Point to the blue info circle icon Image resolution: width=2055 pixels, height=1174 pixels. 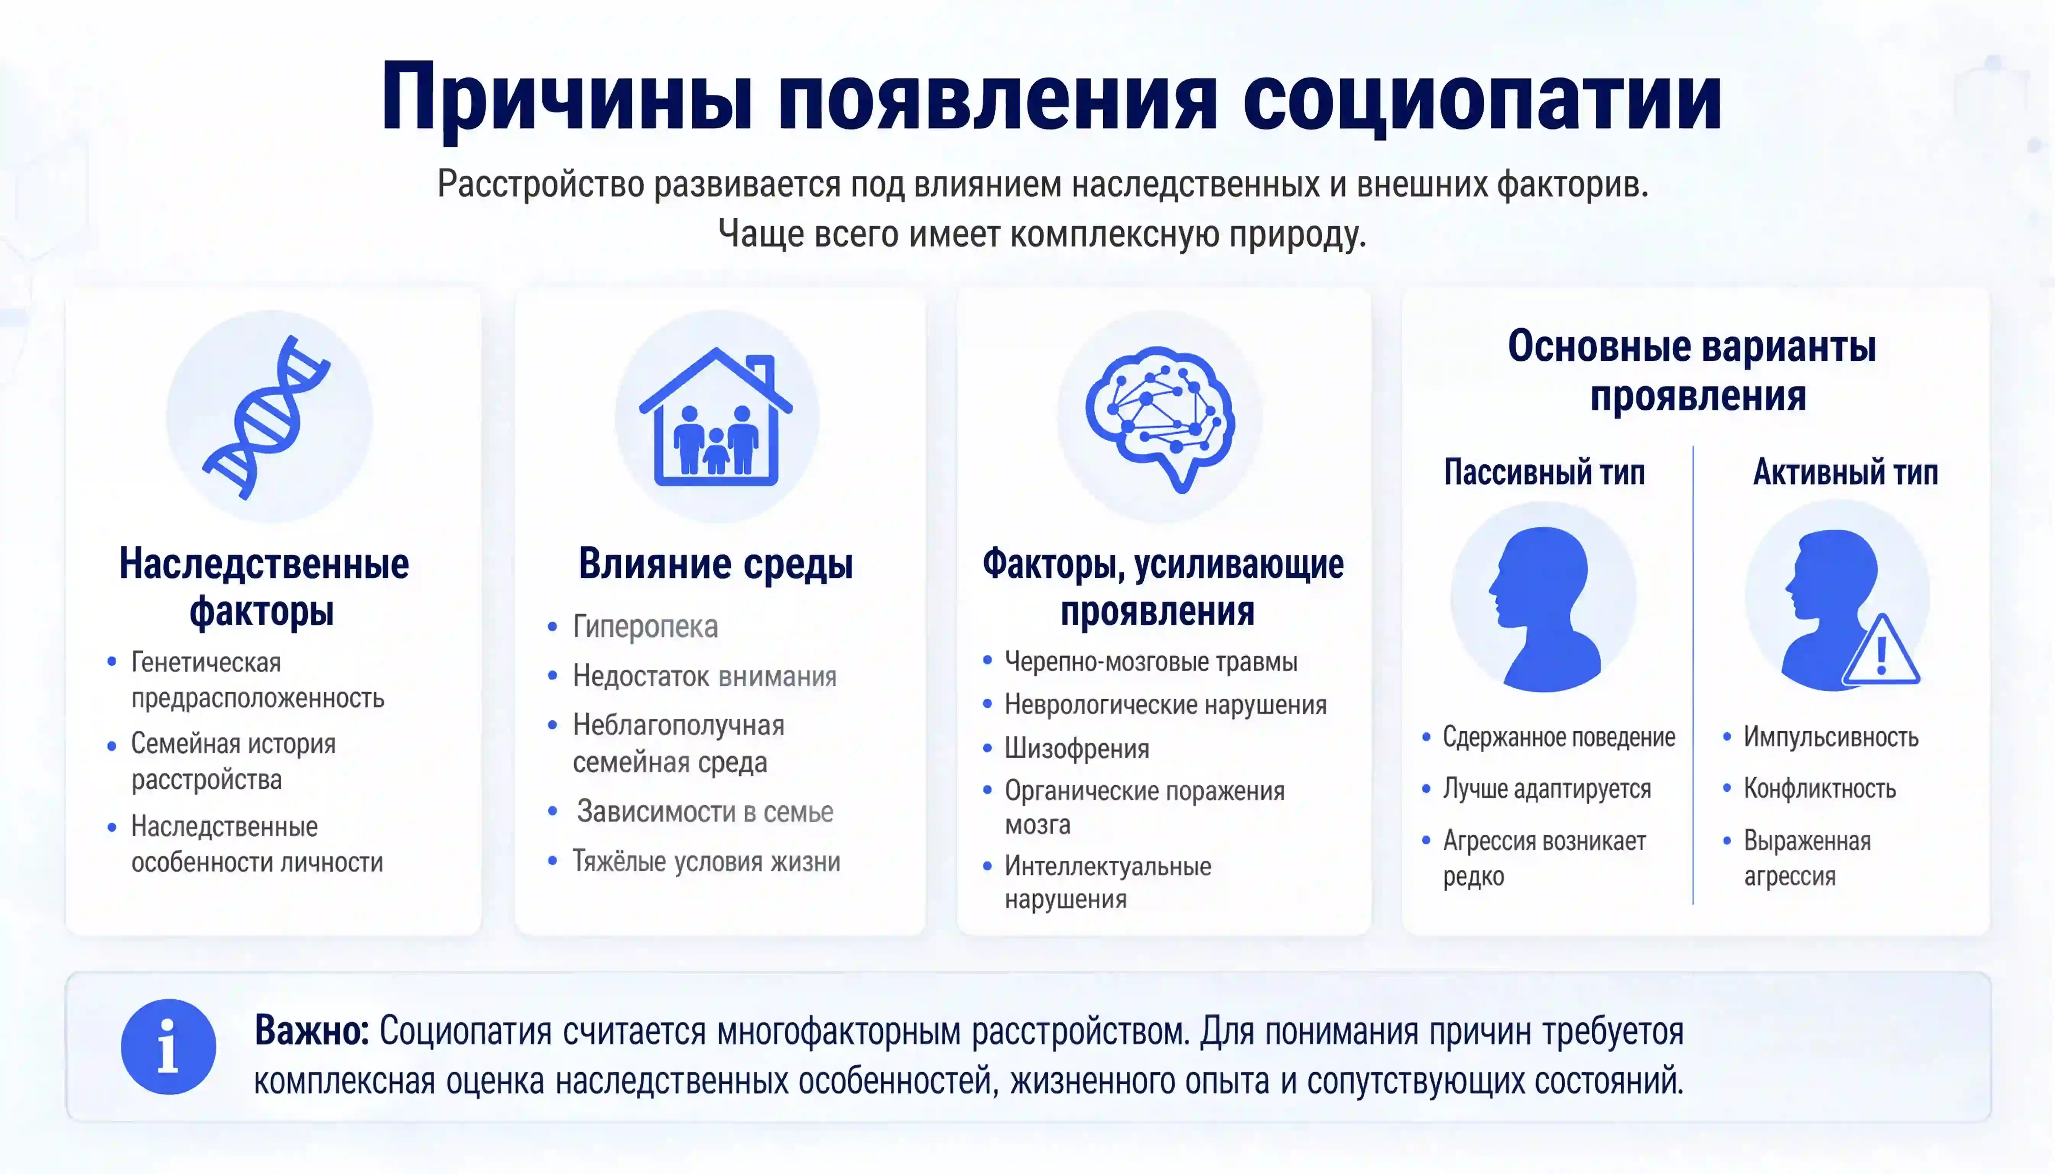coord(169,1047)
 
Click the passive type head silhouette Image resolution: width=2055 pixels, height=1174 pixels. coord(1545,609)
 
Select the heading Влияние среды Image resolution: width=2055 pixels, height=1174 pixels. coord(715,564)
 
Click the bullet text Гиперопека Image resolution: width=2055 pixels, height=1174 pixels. coord(645,626)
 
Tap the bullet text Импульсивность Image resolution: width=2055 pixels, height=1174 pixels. coord(1831,737)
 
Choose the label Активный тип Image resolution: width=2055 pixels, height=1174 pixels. coord(1845,472)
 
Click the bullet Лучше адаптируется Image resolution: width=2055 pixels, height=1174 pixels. coord(1547,788)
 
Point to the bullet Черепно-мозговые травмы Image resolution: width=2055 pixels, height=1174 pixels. coord(1151,662)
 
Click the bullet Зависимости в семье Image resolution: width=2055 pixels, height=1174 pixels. coord(705,812)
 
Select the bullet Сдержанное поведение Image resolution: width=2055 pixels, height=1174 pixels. coord(1559,737)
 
